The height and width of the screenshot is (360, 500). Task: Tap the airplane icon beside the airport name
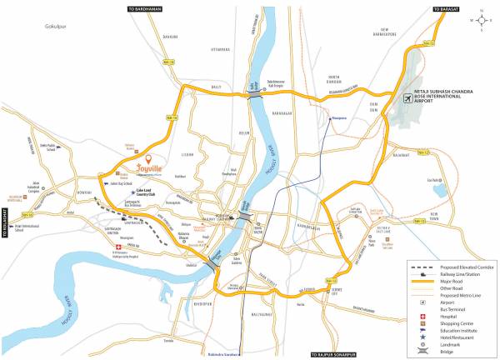[407, 97]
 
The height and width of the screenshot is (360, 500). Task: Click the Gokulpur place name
[55, 27]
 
